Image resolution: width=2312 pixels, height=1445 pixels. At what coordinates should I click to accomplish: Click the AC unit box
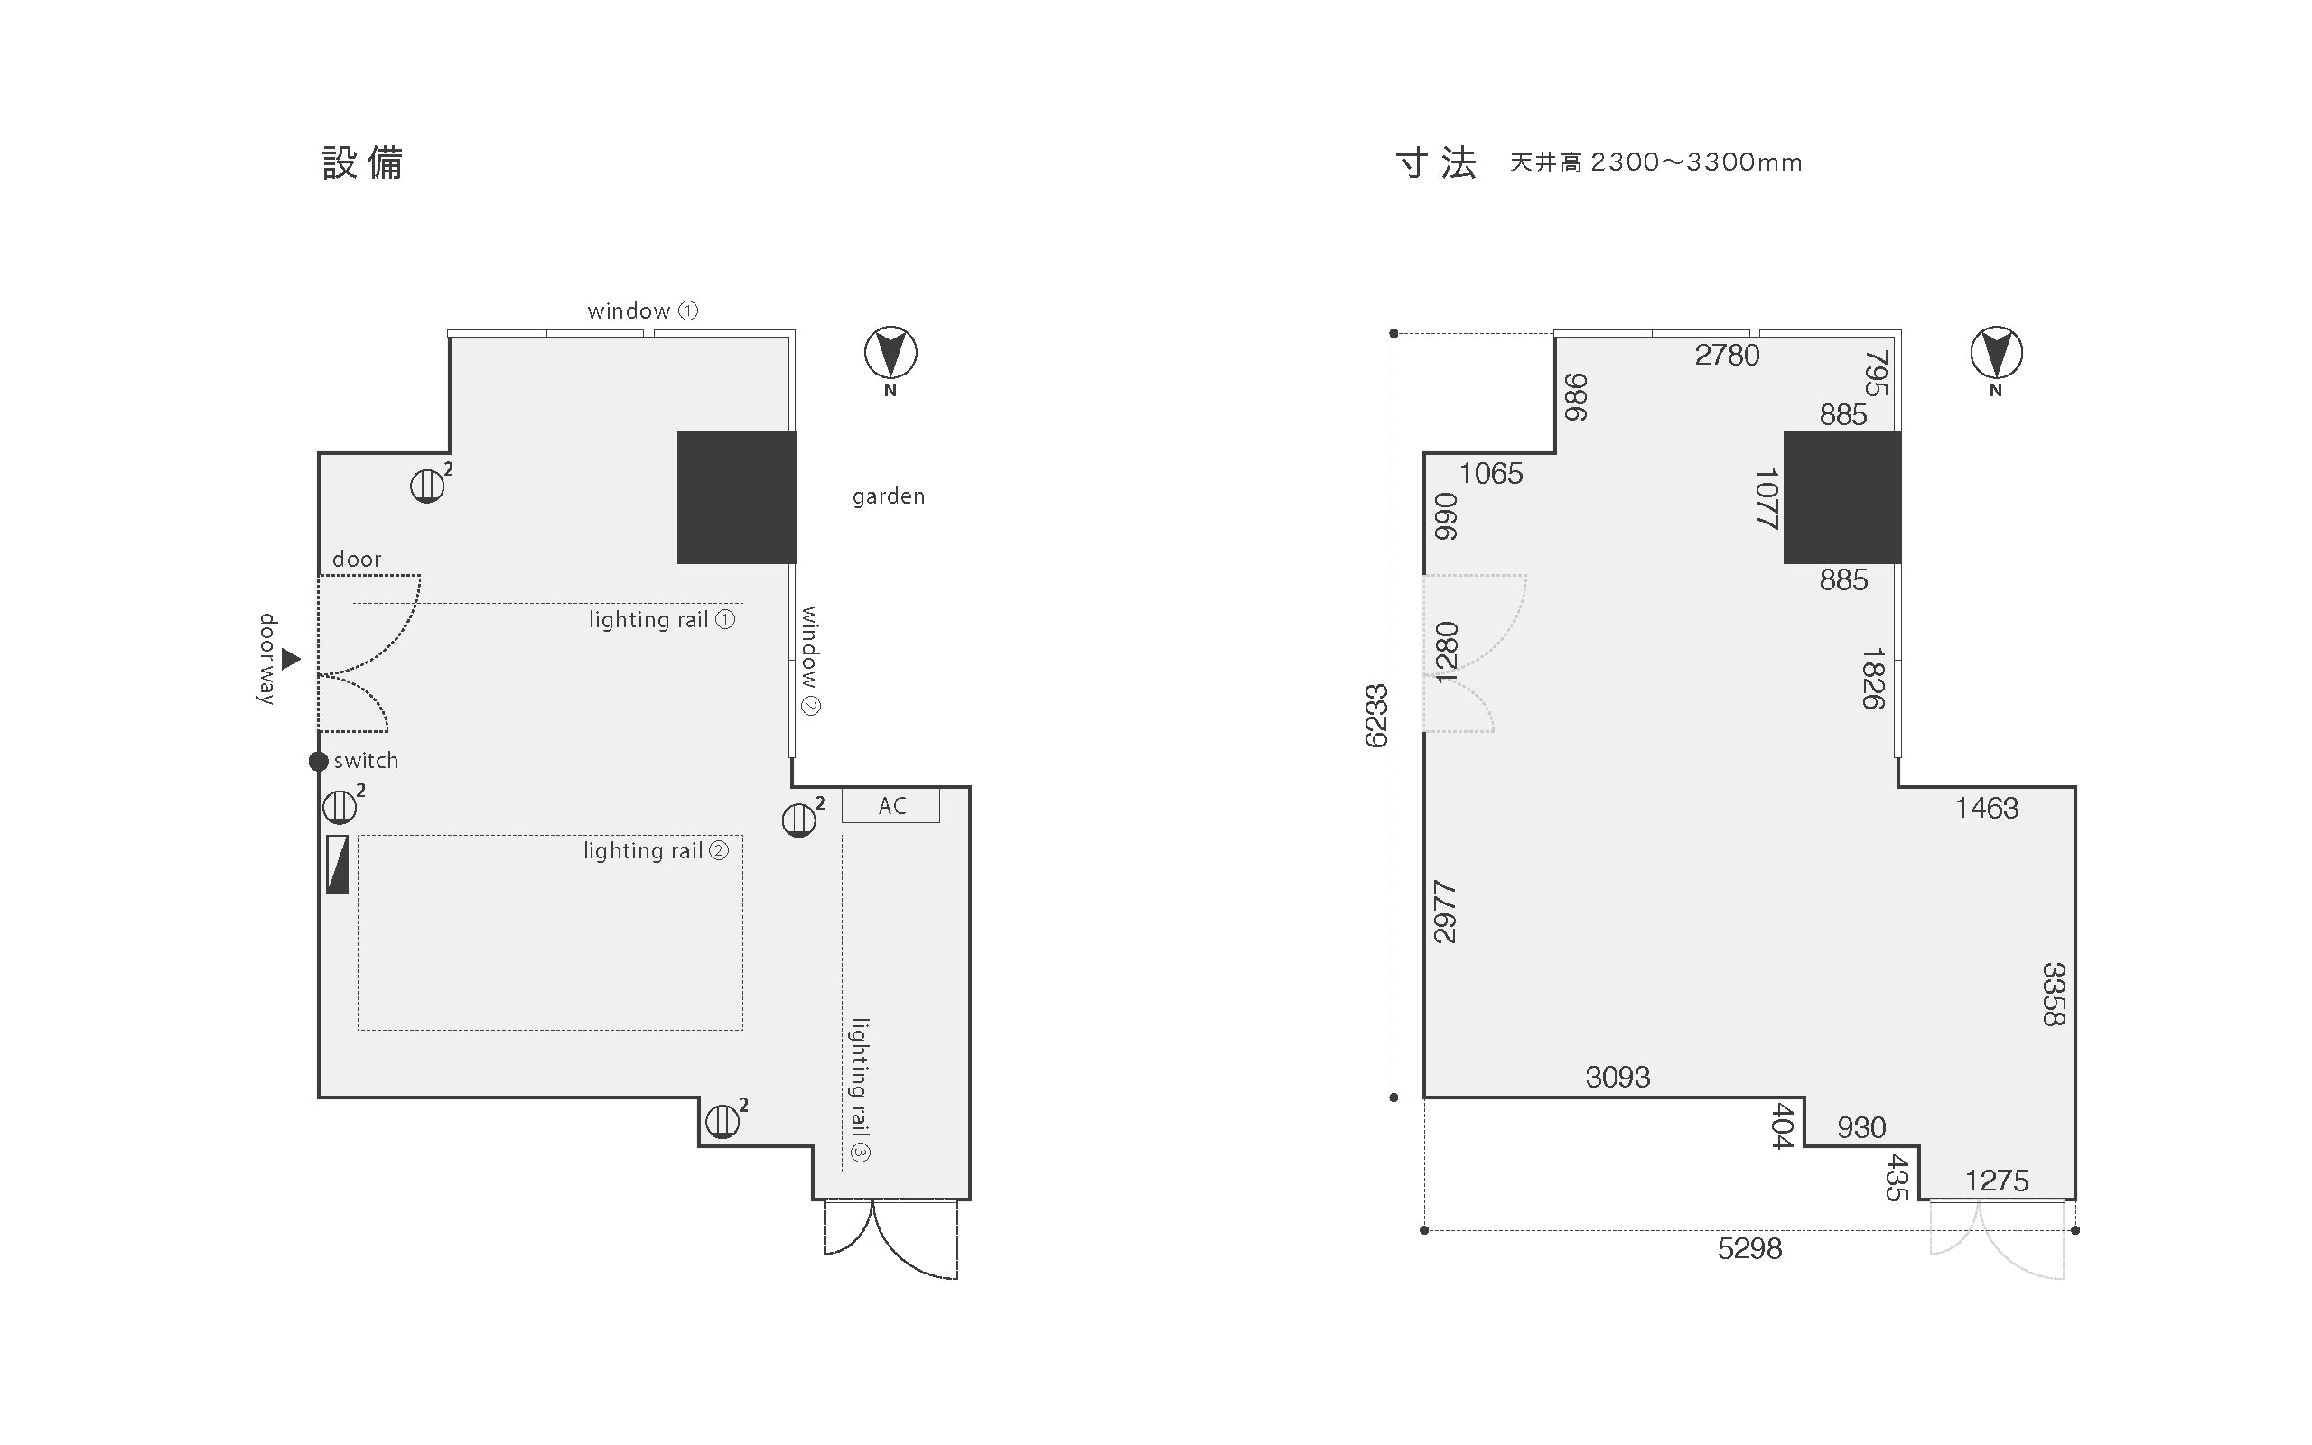[890, 805]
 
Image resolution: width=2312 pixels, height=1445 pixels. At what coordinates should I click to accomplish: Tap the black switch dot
[319, 762]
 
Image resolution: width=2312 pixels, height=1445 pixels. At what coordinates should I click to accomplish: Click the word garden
[889, 496]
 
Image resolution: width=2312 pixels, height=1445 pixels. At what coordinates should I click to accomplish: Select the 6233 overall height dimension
[1376, 716]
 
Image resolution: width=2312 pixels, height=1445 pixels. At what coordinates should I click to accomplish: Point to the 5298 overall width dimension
[1749, 1249]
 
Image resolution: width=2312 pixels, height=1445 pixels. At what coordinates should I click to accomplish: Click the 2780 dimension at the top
[1727, 356]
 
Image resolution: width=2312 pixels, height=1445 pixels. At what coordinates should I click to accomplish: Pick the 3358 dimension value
[2053, 994]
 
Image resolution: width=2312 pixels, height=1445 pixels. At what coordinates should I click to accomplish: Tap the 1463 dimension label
[1987, 809]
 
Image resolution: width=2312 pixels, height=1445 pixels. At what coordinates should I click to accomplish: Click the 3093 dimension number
[1617, 1077]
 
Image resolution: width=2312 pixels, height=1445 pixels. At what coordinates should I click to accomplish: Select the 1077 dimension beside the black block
[1767, 498]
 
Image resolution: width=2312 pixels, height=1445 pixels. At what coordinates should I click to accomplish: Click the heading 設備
[362, 162]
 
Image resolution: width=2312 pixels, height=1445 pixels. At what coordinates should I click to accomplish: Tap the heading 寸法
[1436, 162]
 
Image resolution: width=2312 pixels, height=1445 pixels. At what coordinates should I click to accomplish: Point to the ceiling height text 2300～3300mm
[1696, 162]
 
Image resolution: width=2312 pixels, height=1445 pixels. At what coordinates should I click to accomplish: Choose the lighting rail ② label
[656, 850]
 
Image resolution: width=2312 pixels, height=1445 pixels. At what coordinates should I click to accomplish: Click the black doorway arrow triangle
[291, 659]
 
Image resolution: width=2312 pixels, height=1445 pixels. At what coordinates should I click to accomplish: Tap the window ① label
[642, 310]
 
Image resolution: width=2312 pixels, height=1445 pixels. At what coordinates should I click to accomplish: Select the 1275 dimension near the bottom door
[1997, 1181]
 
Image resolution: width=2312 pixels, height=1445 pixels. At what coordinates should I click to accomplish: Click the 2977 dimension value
[1445, 912]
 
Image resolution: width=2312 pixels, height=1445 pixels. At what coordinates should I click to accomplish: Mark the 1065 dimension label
[1492, 473]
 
